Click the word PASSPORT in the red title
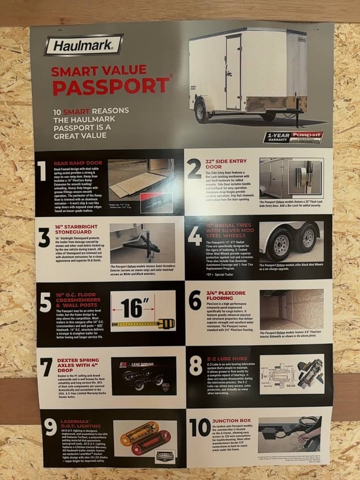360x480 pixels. (x=110, y=86)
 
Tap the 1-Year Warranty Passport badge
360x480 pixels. (x=293, y=137)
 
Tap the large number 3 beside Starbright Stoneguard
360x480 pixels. (x=44, y=238)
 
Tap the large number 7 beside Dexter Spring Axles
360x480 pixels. (x=45, y=367)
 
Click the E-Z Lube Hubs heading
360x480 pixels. (x=228, y=358)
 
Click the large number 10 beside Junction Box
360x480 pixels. (x=199, y=427)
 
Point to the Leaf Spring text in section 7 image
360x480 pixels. (x=140, y=363)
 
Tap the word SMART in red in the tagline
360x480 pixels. (x=76, y=112)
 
